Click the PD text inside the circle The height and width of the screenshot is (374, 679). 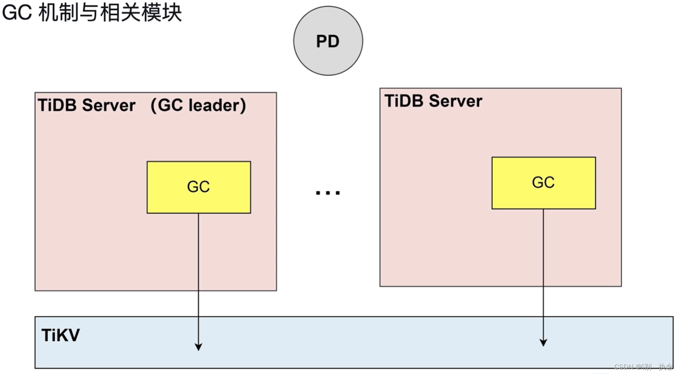click(327, 42)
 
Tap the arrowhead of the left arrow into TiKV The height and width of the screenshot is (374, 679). click(199, 347)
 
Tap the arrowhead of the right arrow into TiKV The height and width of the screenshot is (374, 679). click(543, 342)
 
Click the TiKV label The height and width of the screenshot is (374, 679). click(60, 335)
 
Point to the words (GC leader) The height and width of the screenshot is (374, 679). click(198, 105)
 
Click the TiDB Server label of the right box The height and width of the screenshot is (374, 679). click(433, 101)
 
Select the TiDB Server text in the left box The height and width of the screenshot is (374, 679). click(87, 105)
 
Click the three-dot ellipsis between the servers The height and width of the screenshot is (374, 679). click(328, 193)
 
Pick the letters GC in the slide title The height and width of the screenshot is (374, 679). click(17, 12)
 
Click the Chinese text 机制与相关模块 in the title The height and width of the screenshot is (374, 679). click(110, 12)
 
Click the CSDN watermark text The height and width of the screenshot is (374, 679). click(643, 367)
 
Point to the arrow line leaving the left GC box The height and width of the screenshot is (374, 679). click(199, 269)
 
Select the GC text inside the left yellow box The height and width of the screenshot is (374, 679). click(199, 187)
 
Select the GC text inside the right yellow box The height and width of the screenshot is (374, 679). click(543, 182)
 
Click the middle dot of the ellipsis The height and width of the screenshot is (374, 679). click(328, 193)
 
